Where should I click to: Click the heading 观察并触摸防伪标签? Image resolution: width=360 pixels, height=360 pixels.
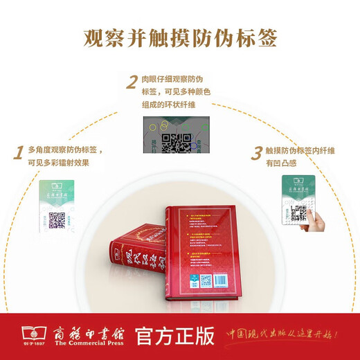point(180,37)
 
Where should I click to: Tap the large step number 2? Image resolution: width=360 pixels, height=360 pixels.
point(131,84)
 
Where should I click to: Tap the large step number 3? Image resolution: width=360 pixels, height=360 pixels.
point(256,151)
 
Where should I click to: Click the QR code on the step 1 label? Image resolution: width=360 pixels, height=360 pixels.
point(57,219)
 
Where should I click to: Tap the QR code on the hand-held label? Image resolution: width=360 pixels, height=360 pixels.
point(299,213)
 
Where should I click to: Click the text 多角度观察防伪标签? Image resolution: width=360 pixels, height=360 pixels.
point(64,150)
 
